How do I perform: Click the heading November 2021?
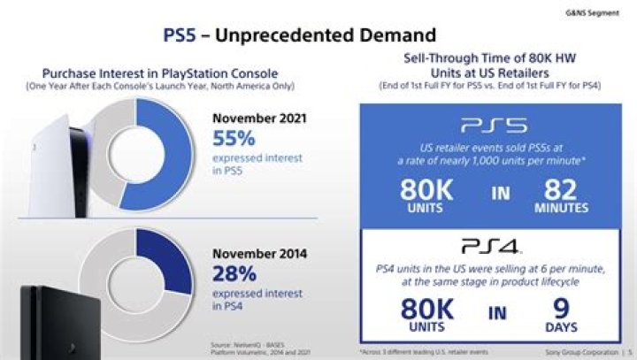coord(256,118)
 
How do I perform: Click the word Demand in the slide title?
coord(388,35)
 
